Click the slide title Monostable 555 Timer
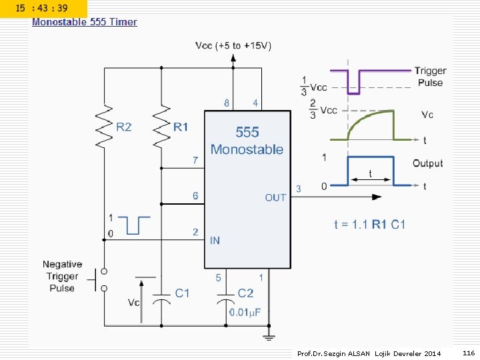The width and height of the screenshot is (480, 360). [85, 22]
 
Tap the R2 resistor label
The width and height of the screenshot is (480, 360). [124, 127]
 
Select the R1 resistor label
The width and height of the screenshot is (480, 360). [181, 127]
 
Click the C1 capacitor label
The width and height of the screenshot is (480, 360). [182, 293]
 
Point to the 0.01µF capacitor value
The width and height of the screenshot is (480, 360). [245, 313]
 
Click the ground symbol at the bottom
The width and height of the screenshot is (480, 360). [269, 337]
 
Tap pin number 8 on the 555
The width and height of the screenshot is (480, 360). [226, 103]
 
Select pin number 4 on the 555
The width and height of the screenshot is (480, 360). [255, 103]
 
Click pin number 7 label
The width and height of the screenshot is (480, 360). [195, 160]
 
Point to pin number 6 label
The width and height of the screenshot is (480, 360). [195, 195]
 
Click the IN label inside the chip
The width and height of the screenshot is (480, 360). [215, 241]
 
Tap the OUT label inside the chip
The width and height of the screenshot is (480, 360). [275, 198]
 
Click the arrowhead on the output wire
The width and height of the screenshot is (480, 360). [377, 197]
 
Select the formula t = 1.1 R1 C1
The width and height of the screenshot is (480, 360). [369, 225]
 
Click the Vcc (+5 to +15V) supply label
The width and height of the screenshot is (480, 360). [233, 45]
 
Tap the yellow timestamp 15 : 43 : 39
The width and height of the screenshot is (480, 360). [41, 8]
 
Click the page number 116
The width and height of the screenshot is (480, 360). [469, 353]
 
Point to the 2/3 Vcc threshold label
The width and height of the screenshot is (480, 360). [323, 109]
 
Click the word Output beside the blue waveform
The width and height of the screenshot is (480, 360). [427, 163]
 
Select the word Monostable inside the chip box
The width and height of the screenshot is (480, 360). [247, 149]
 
